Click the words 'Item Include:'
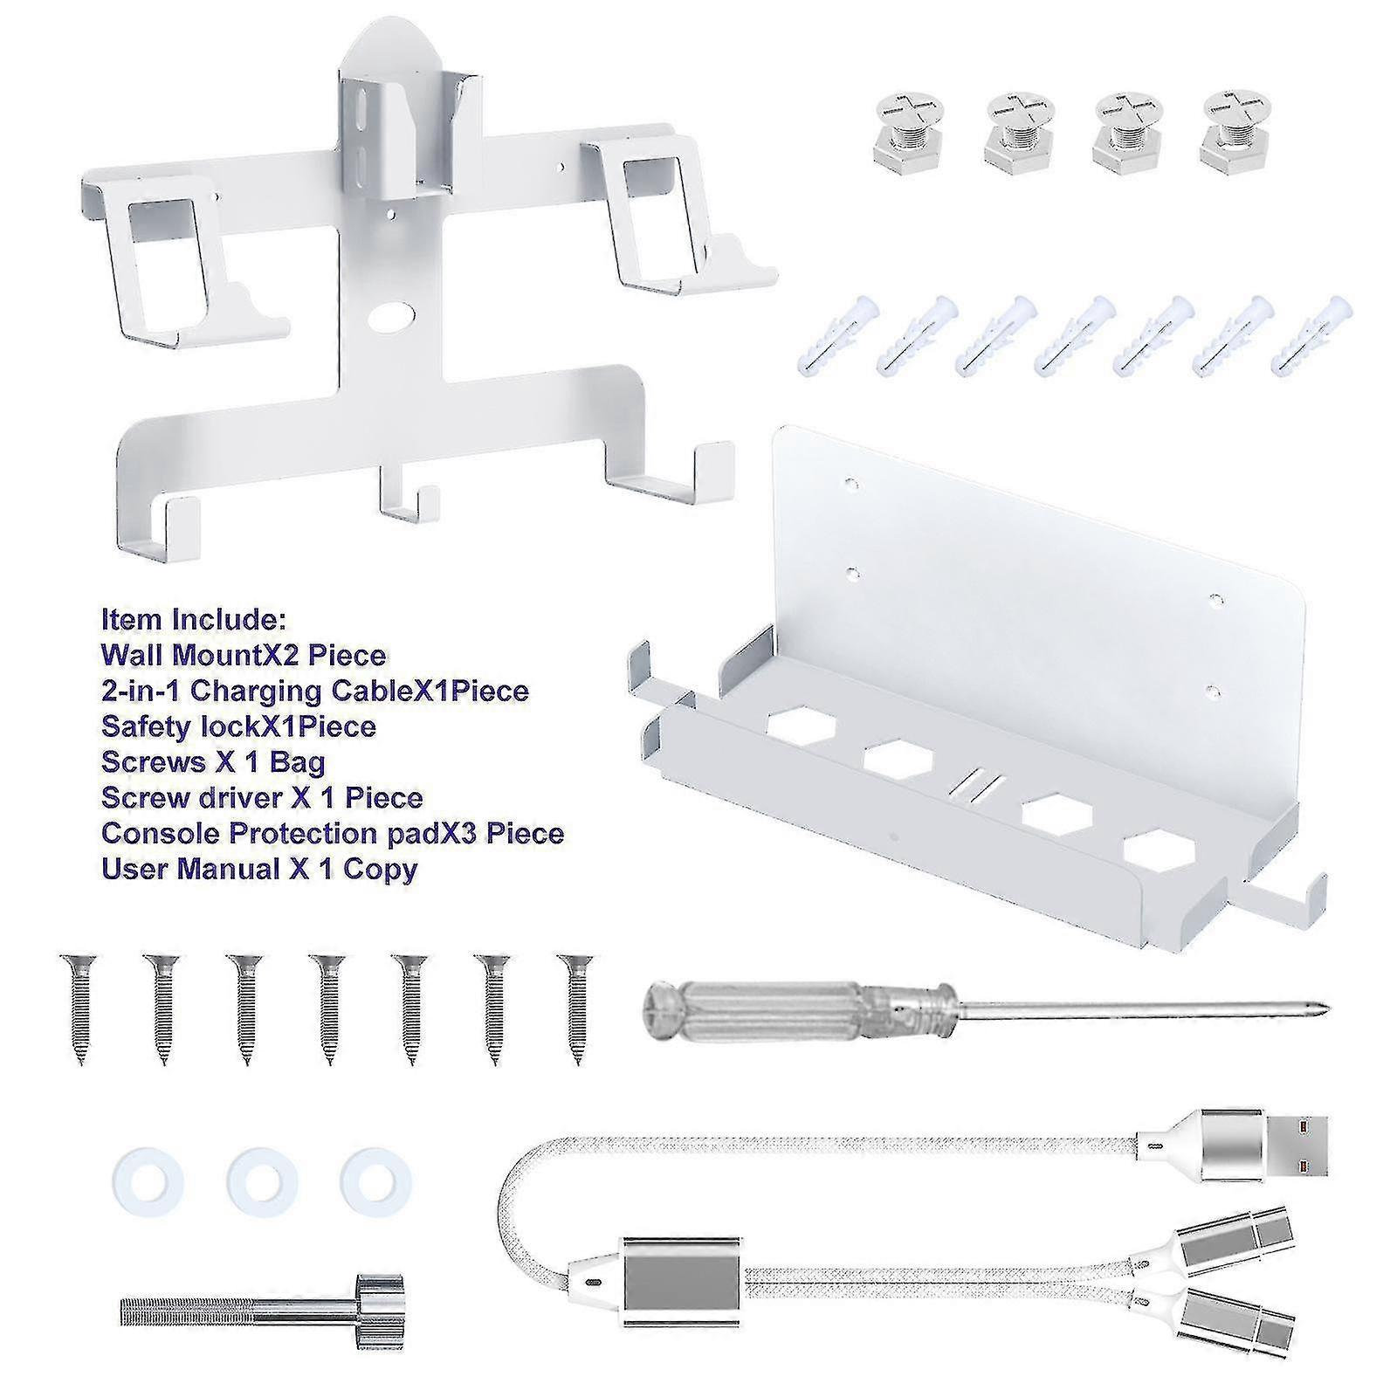[193, 620]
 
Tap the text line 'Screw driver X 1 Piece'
[262, 797]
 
